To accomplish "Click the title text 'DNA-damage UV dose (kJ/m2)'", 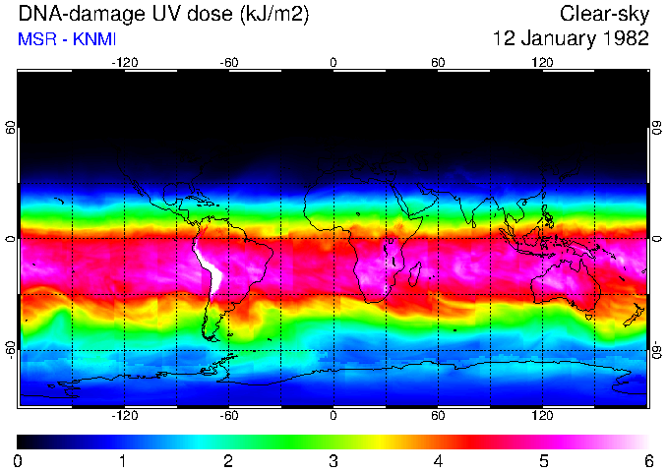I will click(x=149, y=15).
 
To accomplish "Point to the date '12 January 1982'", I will click(x=571, y=39).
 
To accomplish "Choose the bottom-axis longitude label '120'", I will click(x=542, y=415).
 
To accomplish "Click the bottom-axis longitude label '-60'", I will click(x=228, y=415).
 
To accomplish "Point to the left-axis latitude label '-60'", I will click(x=11, y=350).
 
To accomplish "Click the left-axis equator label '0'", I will click(x=11, y=238).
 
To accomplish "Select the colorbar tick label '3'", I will click(x=333, y=460).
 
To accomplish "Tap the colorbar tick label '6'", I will click(x=647, y=460).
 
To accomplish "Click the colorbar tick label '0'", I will click(x=19, y=460).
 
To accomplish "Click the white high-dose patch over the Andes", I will click(x=208, y=265).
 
